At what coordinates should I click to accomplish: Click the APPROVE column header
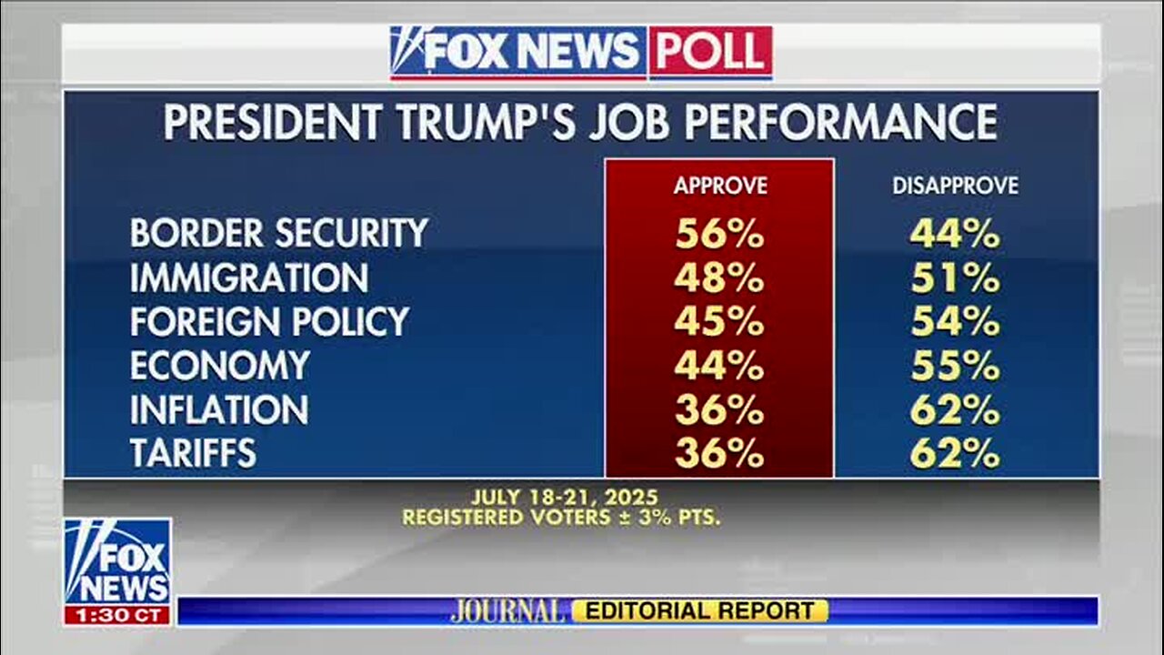click(x=720, y=186)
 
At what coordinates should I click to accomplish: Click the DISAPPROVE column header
click(x=955, y=186)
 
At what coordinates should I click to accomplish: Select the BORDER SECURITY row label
click(x=278, y=233)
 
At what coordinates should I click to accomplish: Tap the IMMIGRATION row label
click(x=248, y=277)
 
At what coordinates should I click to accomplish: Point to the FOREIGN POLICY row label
click(x=269, y=321)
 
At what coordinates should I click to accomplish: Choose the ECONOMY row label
click(x=219, y=366)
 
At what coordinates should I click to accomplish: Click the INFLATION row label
click(x=218, y=410)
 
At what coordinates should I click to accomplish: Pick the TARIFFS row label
click(x=193, y=453)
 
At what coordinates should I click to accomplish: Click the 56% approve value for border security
click(x=718, y=234)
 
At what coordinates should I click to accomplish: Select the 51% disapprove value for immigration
click(x=955, y=278)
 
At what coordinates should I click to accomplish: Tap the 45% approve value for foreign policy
click(x=718, y=322)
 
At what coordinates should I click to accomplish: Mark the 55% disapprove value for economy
click(x=955, y=366)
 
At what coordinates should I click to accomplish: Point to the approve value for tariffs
click(x=718, y=453)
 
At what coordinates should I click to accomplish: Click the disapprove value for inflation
click(x=955, y=410)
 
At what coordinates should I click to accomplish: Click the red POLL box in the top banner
click(x=709, y=52)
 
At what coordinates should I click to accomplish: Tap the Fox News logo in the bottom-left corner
click(x=117, y=561)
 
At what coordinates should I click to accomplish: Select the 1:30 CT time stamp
click(x=117, y=615)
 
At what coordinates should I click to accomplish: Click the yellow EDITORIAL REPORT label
click(x=700, y=611)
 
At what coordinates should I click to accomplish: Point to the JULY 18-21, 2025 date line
click(x=564, y=498)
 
